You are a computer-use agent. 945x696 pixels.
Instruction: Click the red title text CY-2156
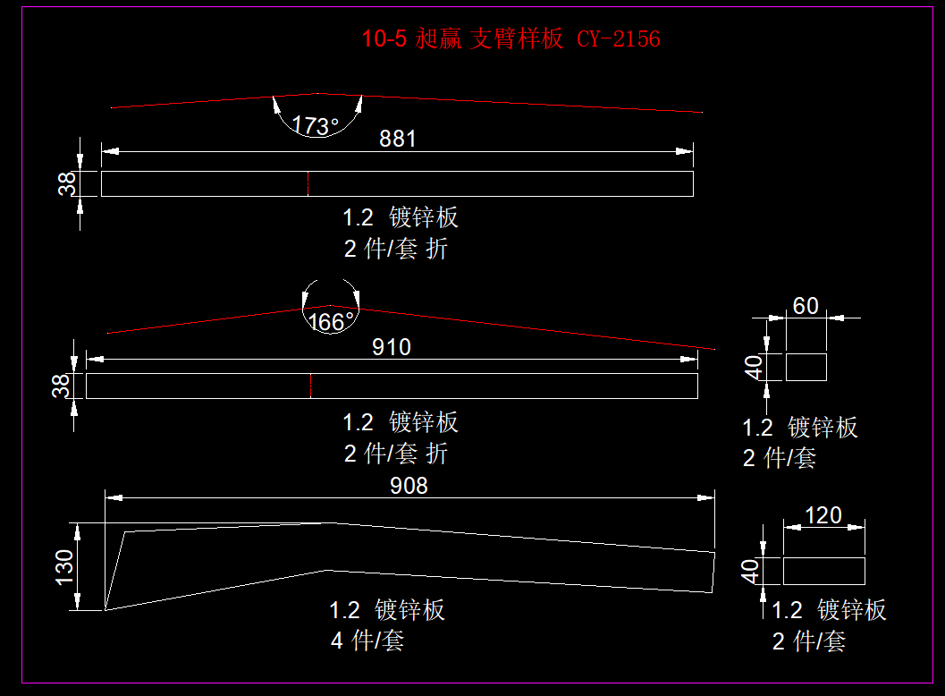[618, 38]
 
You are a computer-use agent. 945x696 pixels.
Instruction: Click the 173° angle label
[316, 126]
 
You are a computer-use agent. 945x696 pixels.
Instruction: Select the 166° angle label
[332, 321]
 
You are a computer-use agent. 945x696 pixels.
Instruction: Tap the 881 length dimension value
[398, 139]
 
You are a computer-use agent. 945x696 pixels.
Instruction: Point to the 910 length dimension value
[392, 347]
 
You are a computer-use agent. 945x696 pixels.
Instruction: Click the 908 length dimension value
[409, 486]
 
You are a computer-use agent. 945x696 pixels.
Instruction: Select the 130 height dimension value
[64, 567]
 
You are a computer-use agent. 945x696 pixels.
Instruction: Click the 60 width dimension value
[806, 306]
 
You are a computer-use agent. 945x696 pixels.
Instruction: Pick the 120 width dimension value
[823, 515]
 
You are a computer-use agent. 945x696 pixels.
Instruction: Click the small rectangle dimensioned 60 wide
[806, 367]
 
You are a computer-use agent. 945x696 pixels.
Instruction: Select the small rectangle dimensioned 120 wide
[824, 571]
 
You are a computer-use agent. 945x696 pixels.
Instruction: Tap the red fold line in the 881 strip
[308, 183]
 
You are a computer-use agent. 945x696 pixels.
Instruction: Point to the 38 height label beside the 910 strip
[61, 386]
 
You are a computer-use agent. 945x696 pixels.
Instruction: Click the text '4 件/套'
[367, 641]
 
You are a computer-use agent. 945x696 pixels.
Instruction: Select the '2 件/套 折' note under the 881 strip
[395, 249]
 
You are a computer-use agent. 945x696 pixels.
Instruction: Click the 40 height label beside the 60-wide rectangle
[753, 367]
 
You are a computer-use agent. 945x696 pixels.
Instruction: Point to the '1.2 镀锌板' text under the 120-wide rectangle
[829, 610]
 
